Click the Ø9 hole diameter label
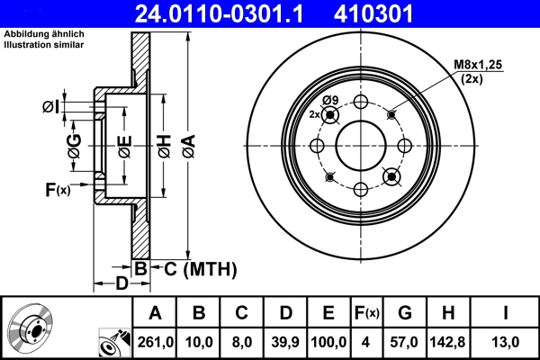(x=329, y=99)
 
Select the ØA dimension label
(x=188, y=141)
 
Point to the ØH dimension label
(x=164, y=141)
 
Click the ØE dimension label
(x=124, y=141)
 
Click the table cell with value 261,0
(x=155, y=341)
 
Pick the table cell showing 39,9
(x=284, y=341)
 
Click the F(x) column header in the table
(x=367, y=313)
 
